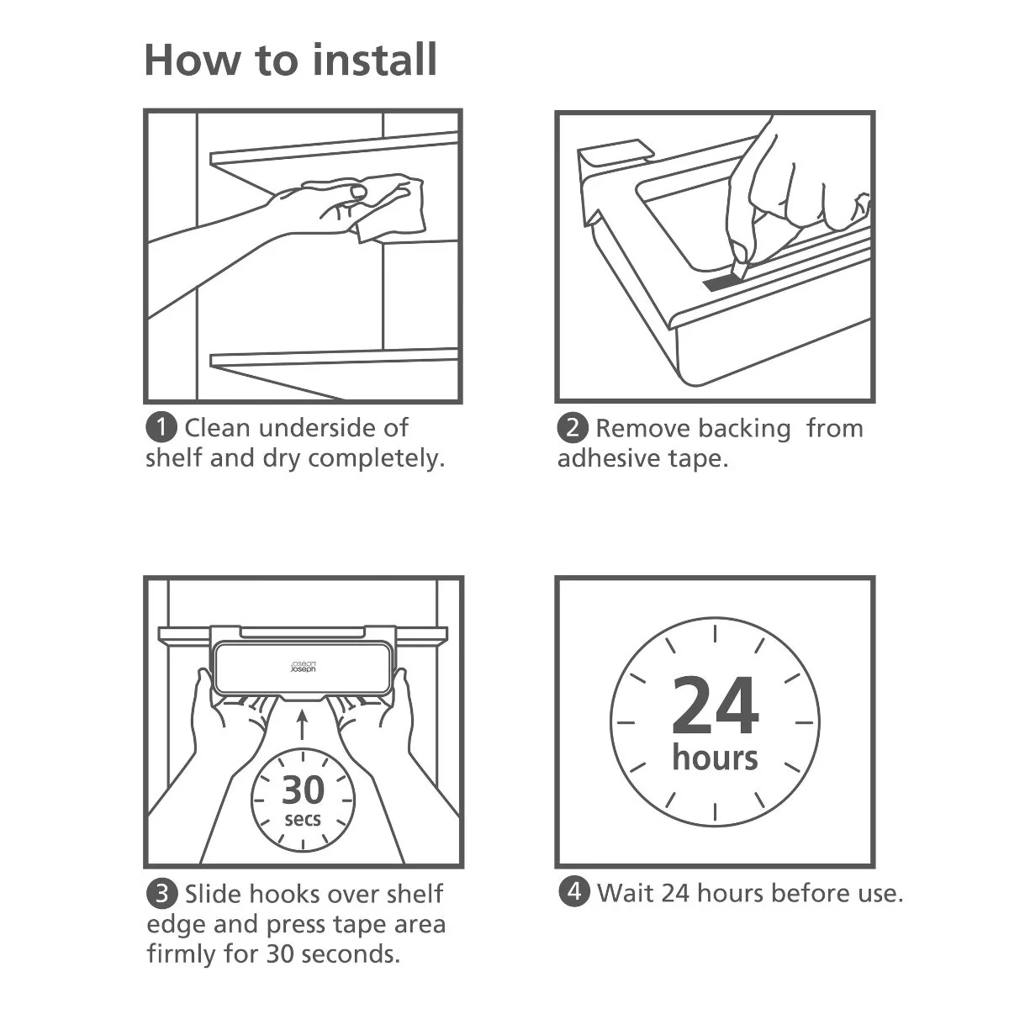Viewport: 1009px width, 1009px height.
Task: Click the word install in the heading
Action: pos(374,60)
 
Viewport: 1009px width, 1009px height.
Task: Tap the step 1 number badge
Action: pos(161,427)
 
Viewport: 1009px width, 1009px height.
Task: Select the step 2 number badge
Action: pos(573,427)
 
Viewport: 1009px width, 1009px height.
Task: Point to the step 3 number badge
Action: pos(161,894)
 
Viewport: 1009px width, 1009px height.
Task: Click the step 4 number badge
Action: pos(574,891)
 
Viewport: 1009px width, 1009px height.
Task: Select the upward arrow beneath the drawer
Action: pos(302,724)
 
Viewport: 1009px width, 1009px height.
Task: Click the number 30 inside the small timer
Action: pos(304,790)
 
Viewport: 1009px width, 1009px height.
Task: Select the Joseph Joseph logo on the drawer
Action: pos(304,667)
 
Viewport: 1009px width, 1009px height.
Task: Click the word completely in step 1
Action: pos(376,459)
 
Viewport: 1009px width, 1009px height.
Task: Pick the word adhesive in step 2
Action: pos(608,458)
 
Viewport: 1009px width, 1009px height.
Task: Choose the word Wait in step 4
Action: pos(626,892)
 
